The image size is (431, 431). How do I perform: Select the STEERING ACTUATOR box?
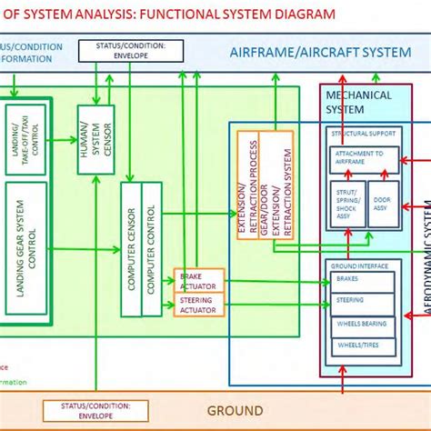198,305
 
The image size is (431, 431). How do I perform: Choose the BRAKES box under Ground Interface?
361,281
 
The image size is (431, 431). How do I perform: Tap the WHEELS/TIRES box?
361,345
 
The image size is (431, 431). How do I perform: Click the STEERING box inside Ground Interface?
361,301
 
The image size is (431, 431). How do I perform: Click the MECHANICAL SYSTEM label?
358,102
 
